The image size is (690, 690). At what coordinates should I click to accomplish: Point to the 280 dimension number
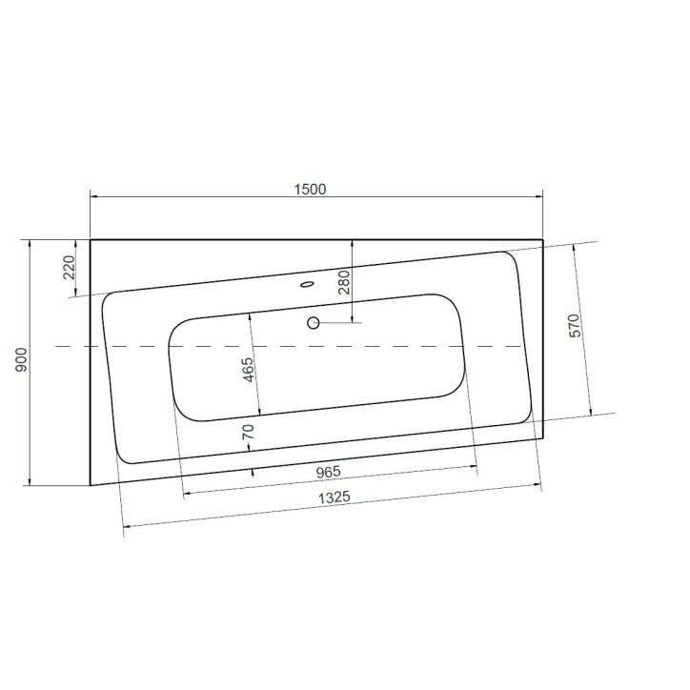pos(344,282)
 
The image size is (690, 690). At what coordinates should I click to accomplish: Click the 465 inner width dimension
pos(248,370)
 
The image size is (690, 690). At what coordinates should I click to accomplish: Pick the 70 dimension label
pos(249,431)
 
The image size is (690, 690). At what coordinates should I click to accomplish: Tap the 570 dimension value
pos(575,325)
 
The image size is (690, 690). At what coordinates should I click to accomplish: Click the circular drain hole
pos(313,322)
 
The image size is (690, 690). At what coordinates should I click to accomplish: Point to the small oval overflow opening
pos(307,284)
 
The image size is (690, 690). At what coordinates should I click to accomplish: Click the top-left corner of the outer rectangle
pos(91,239)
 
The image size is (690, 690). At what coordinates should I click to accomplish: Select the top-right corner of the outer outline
pos(542,239)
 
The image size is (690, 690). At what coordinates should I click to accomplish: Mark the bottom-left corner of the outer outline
pos(91,484)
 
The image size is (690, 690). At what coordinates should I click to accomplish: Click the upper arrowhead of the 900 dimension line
pos(31,244)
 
